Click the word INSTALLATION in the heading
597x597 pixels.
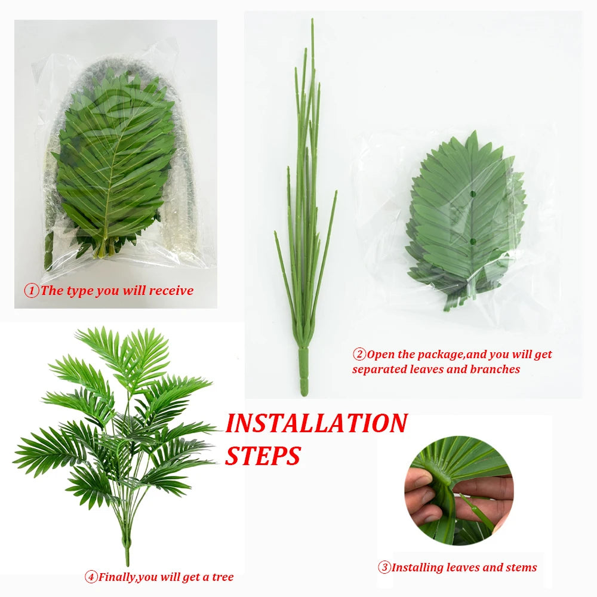[316, 423]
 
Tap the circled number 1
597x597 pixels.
[31, 291]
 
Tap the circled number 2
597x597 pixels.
[359, 355]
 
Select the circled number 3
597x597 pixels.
[384, 568]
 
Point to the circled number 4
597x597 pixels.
[91, 577]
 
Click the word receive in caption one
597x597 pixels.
[171, 291]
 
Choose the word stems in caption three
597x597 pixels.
[520, 568]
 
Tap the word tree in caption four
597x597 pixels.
[222, 577]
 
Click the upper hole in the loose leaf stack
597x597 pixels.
[471, 194]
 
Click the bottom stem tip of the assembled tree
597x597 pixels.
[127, 561]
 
